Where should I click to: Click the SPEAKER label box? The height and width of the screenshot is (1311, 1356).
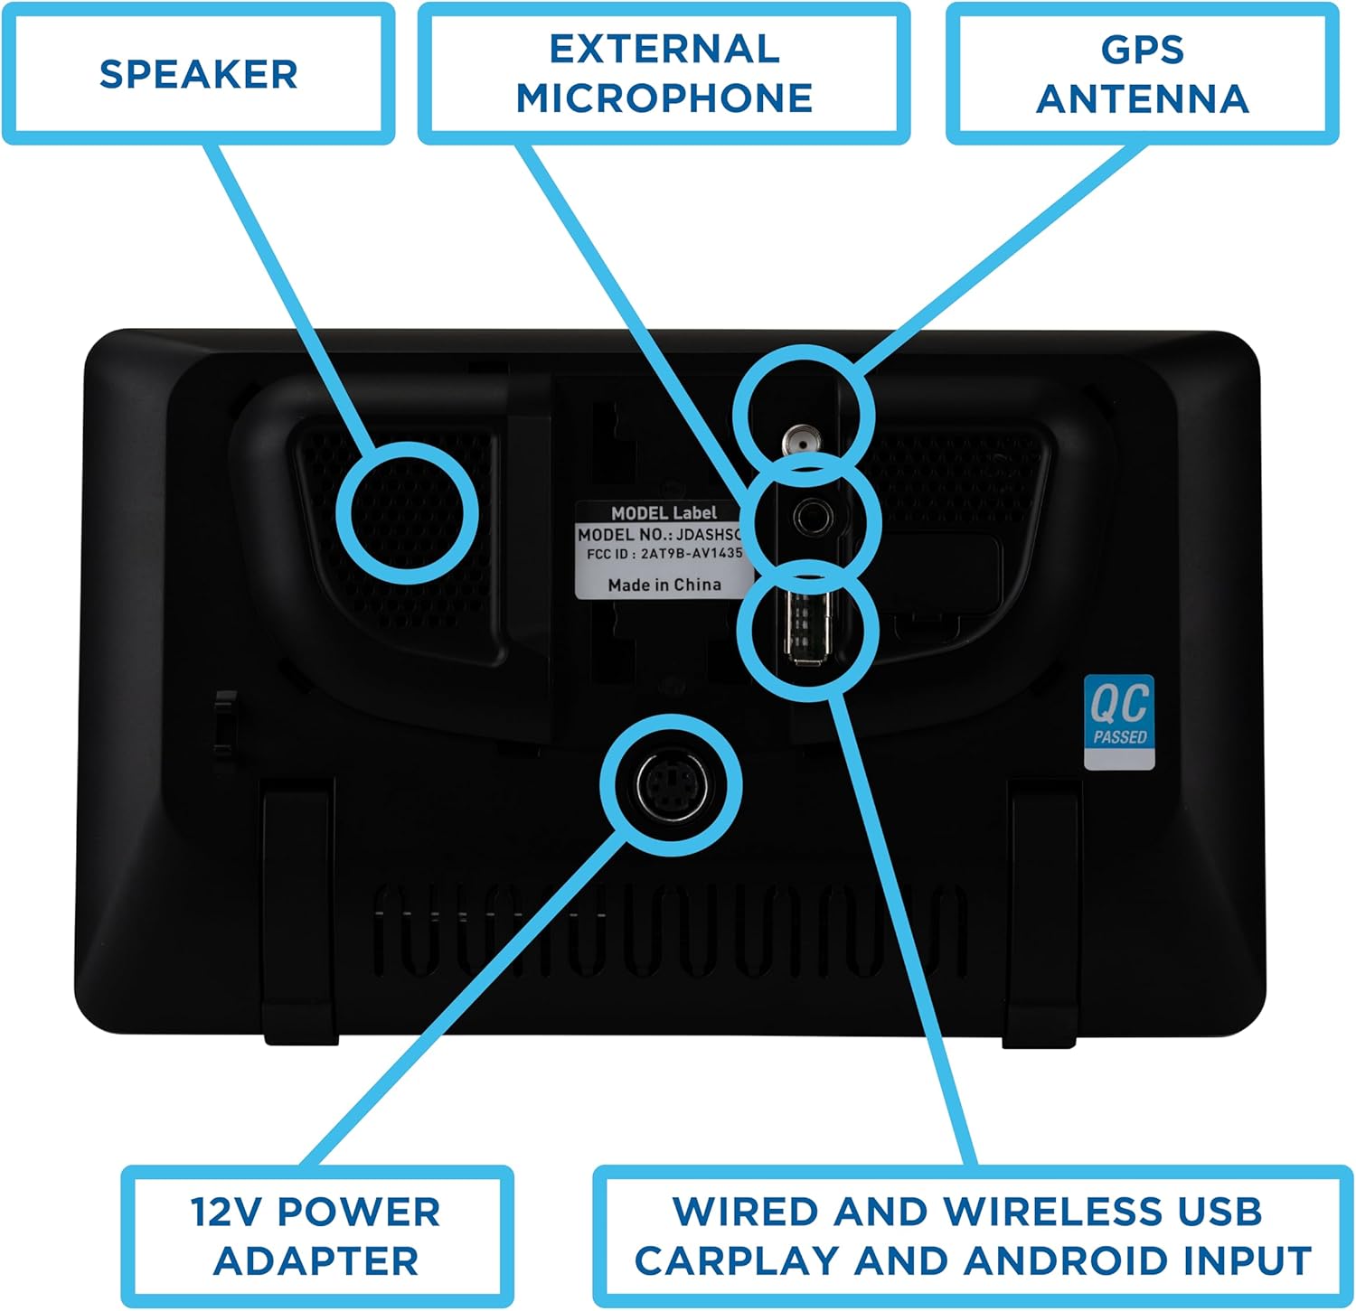coord(199,73)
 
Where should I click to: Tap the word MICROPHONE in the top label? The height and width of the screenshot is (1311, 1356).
coord(664,98)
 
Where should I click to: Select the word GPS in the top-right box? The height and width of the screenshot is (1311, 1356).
coord(1143,50)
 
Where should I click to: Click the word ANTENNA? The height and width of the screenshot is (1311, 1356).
coord(1143,99)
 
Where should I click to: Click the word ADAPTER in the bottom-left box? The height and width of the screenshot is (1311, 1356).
coord(316,1261)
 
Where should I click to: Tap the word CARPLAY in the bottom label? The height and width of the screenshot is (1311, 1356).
coord(737,1261)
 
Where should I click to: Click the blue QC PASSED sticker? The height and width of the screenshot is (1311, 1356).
coord(1119,722)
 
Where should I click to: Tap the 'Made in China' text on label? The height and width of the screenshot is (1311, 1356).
coord(664,585)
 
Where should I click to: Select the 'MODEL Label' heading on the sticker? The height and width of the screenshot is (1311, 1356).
coord(664,512)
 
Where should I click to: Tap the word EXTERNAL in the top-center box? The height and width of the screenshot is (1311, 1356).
coord(664,50)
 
